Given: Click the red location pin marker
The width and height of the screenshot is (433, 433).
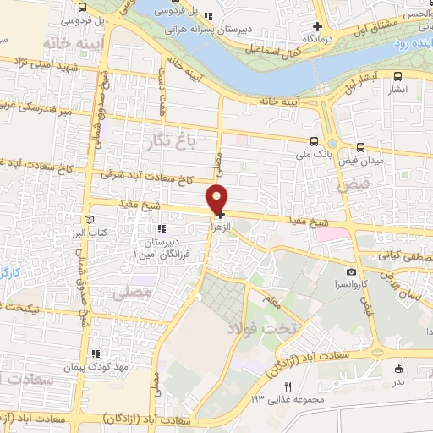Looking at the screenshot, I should coord(218,199).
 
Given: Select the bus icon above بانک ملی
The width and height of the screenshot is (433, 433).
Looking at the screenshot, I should coord(314,141).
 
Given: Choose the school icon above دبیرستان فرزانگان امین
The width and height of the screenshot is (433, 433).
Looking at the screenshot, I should coord(160,227).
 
